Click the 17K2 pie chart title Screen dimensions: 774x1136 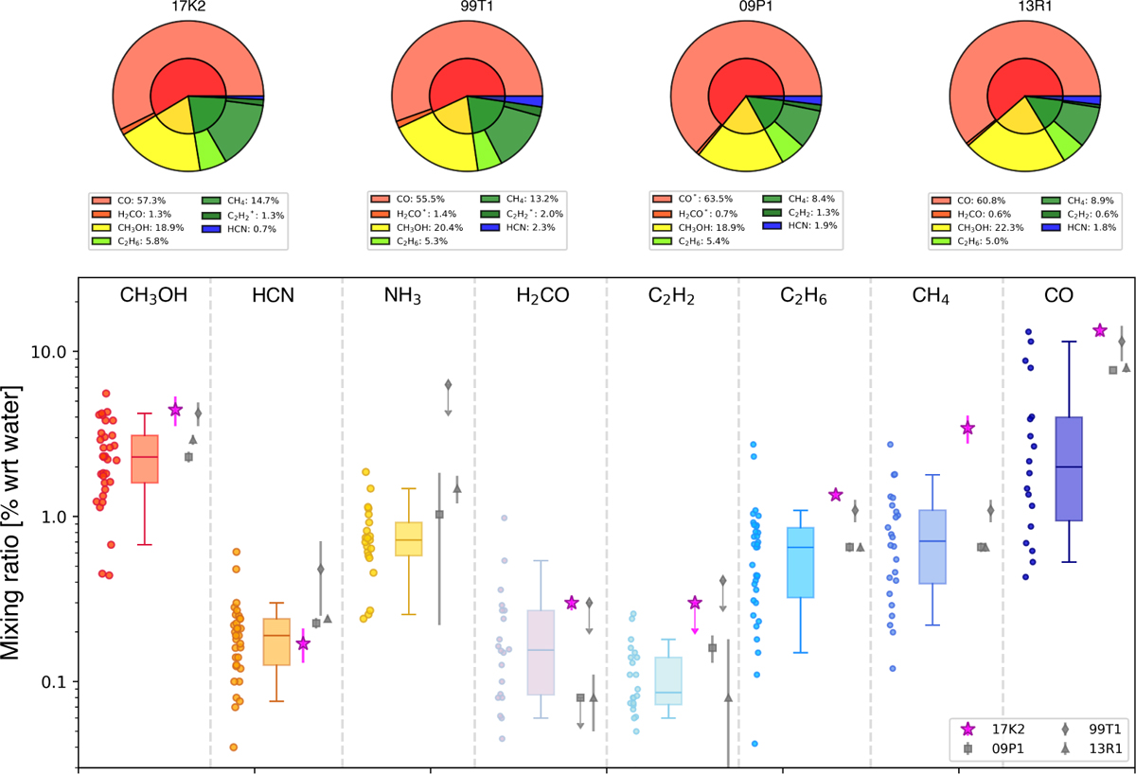pos(188,9)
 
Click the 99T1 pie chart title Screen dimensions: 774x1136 pos(467,9)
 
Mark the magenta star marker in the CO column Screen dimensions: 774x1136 pos(1100,330)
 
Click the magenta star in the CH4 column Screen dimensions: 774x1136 pos(967,429)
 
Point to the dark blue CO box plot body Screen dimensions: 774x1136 pos(1068,468)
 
